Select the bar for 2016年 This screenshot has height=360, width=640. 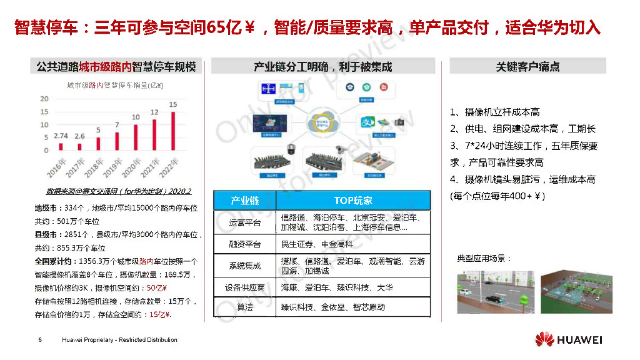pos(61,147)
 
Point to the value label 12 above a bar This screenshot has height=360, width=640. pos(154,112)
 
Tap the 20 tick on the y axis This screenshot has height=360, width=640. pos(44,99)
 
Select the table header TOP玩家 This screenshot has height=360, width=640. pos(353,201)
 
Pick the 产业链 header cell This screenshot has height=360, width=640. pos(244,201)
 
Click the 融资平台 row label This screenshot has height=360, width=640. pos(244,244)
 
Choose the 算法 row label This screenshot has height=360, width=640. pos(244,307)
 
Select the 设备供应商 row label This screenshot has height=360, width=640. pos(244,287)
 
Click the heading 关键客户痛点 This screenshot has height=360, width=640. pos(527,67)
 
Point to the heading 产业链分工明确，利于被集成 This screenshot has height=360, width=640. pos(322,67)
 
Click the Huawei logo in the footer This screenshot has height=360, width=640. pos(568,340)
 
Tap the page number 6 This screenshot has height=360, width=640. pos(40,340)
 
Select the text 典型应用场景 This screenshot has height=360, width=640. pos(484,258)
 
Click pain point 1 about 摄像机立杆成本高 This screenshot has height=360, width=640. pos(494,112)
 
